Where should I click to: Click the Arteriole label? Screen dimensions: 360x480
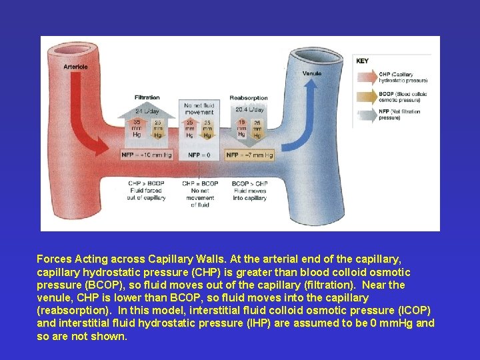(75, 66)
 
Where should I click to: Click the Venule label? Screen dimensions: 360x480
(311, 73)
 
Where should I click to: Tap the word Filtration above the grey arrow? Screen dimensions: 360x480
(147, 98)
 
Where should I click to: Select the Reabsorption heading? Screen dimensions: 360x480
(248, 98)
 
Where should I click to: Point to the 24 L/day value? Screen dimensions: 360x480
(147, 110)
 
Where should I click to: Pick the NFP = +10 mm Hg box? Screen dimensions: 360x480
(147, 155)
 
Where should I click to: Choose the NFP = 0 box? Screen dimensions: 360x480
(199, 155)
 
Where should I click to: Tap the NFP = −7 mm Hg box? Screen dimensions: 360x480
(249, 155)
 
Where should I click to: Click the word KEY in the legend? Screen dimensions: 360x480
(362, 61)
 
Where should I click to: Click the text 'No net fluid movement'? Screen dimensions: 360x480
(199, 108)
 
